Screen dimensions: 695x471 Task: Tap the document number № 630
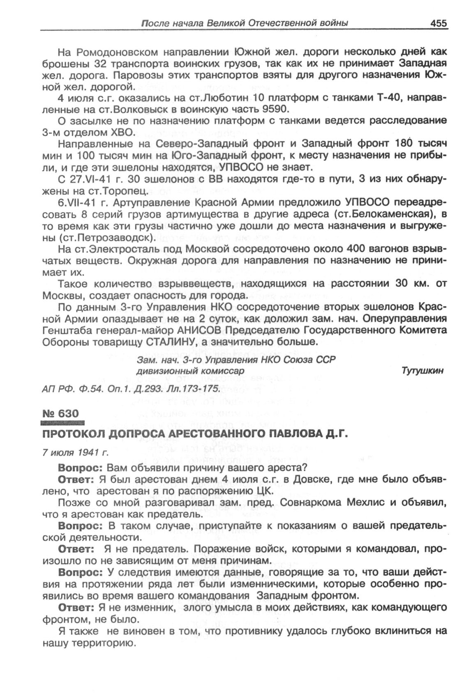point(60,413)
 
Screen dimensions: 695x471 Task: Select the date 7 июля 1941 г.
point(75,453)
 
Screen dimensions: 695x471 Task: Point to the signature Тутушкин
point(423,370)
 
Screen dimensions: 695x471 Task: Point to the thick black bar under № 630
point(62,423)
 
